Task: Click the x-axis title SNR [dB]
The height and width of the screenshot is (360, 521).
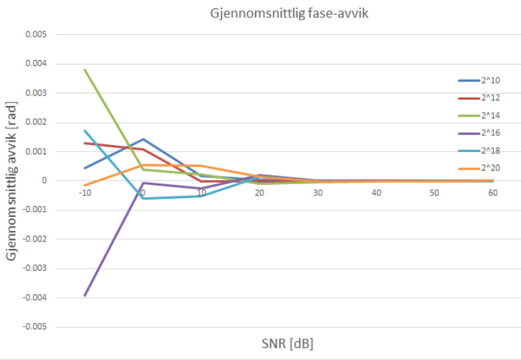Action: [x=287, y=343]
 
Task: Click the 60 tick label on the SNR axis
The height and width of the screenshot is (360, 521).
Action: [x=492, y=192]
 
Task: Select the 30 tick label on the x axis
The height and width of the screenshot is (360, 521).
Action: [x=317, y=192]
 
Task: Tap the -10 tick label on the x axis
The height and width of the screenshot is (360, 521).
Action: [x=84, y=192]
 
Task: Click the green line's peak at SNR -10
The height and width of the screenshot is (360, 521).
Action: [x=84, y=70]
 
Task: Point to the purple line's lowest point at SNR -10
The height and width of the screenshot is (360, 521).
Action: [x=84, y=295]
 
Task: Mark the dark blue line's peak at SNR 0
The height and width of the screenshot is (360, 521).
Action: [x=143, y=140]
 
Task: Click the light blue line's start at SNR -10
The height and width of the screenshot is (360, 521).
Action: [x=84, y=130]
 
